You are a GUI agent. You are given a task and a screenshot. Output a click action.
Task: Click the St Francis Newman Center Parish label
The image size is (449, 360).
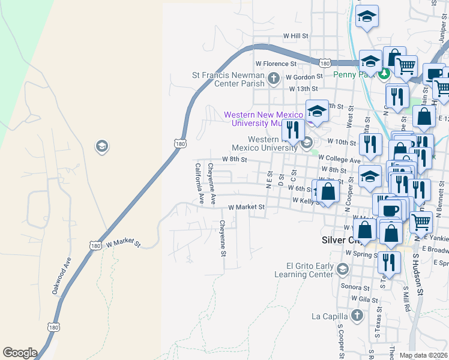(x=228, y=79)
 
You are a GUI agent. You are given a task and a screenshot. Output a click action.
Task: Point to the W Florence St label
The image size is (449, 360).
(x=276, y=63)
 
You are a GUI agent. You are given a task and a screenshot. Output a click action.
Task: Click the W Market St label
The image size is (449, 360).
(x=247, y=207)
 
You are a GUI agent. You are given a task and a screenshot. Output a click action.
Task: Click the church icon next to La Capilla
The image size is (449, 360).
(x=357, y=316)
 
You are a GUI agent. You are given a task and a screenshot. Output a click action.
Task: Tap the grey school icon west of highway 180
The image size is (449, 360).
(x=101, y=146)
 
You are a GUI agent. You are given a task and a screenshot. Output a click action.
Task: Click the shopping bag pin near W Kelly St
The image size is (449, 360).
(x=328, y=193)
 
